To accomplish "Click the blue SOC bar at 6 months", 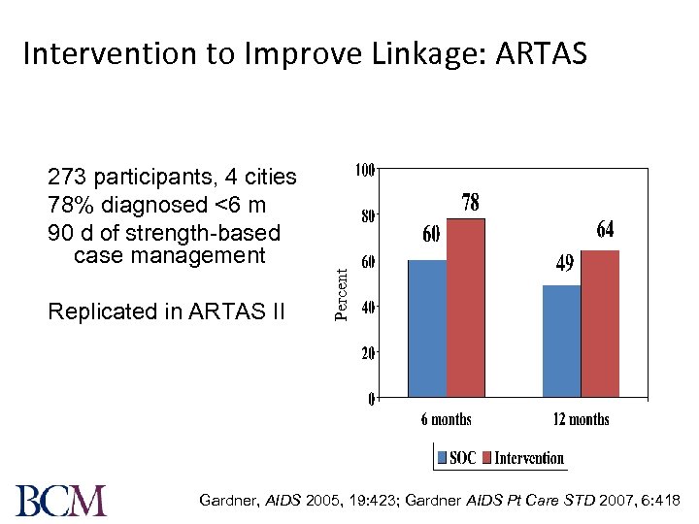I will tap(427, 329).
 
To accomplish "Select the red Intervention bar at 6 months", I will tap(466, 309).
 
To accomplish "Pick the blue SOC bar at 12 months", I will tap(561, 342).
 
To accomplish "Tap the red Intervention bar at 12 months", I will tap(600, 324).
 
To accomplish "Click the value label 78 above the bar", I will tap(470, 203).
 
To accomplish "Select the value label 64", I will tap(605, 230).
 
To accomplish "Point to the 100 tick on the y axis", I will tap(363, 172).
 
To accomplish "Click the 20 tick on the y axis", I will tap(367, 353).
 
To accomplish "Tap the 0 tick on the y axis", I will tap(371, 399).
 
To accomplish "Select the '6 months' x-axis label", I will tap(446, 419).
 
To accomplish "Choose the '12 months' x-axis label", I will tap(582, 419).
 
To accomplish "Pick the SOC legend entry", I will tap(456, 457).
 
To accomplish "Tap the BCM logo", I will tap(61, 499).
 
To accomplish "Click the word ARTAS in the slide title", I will tap(541, 53).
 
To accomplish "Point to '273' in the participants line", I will tap(65, 177).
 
